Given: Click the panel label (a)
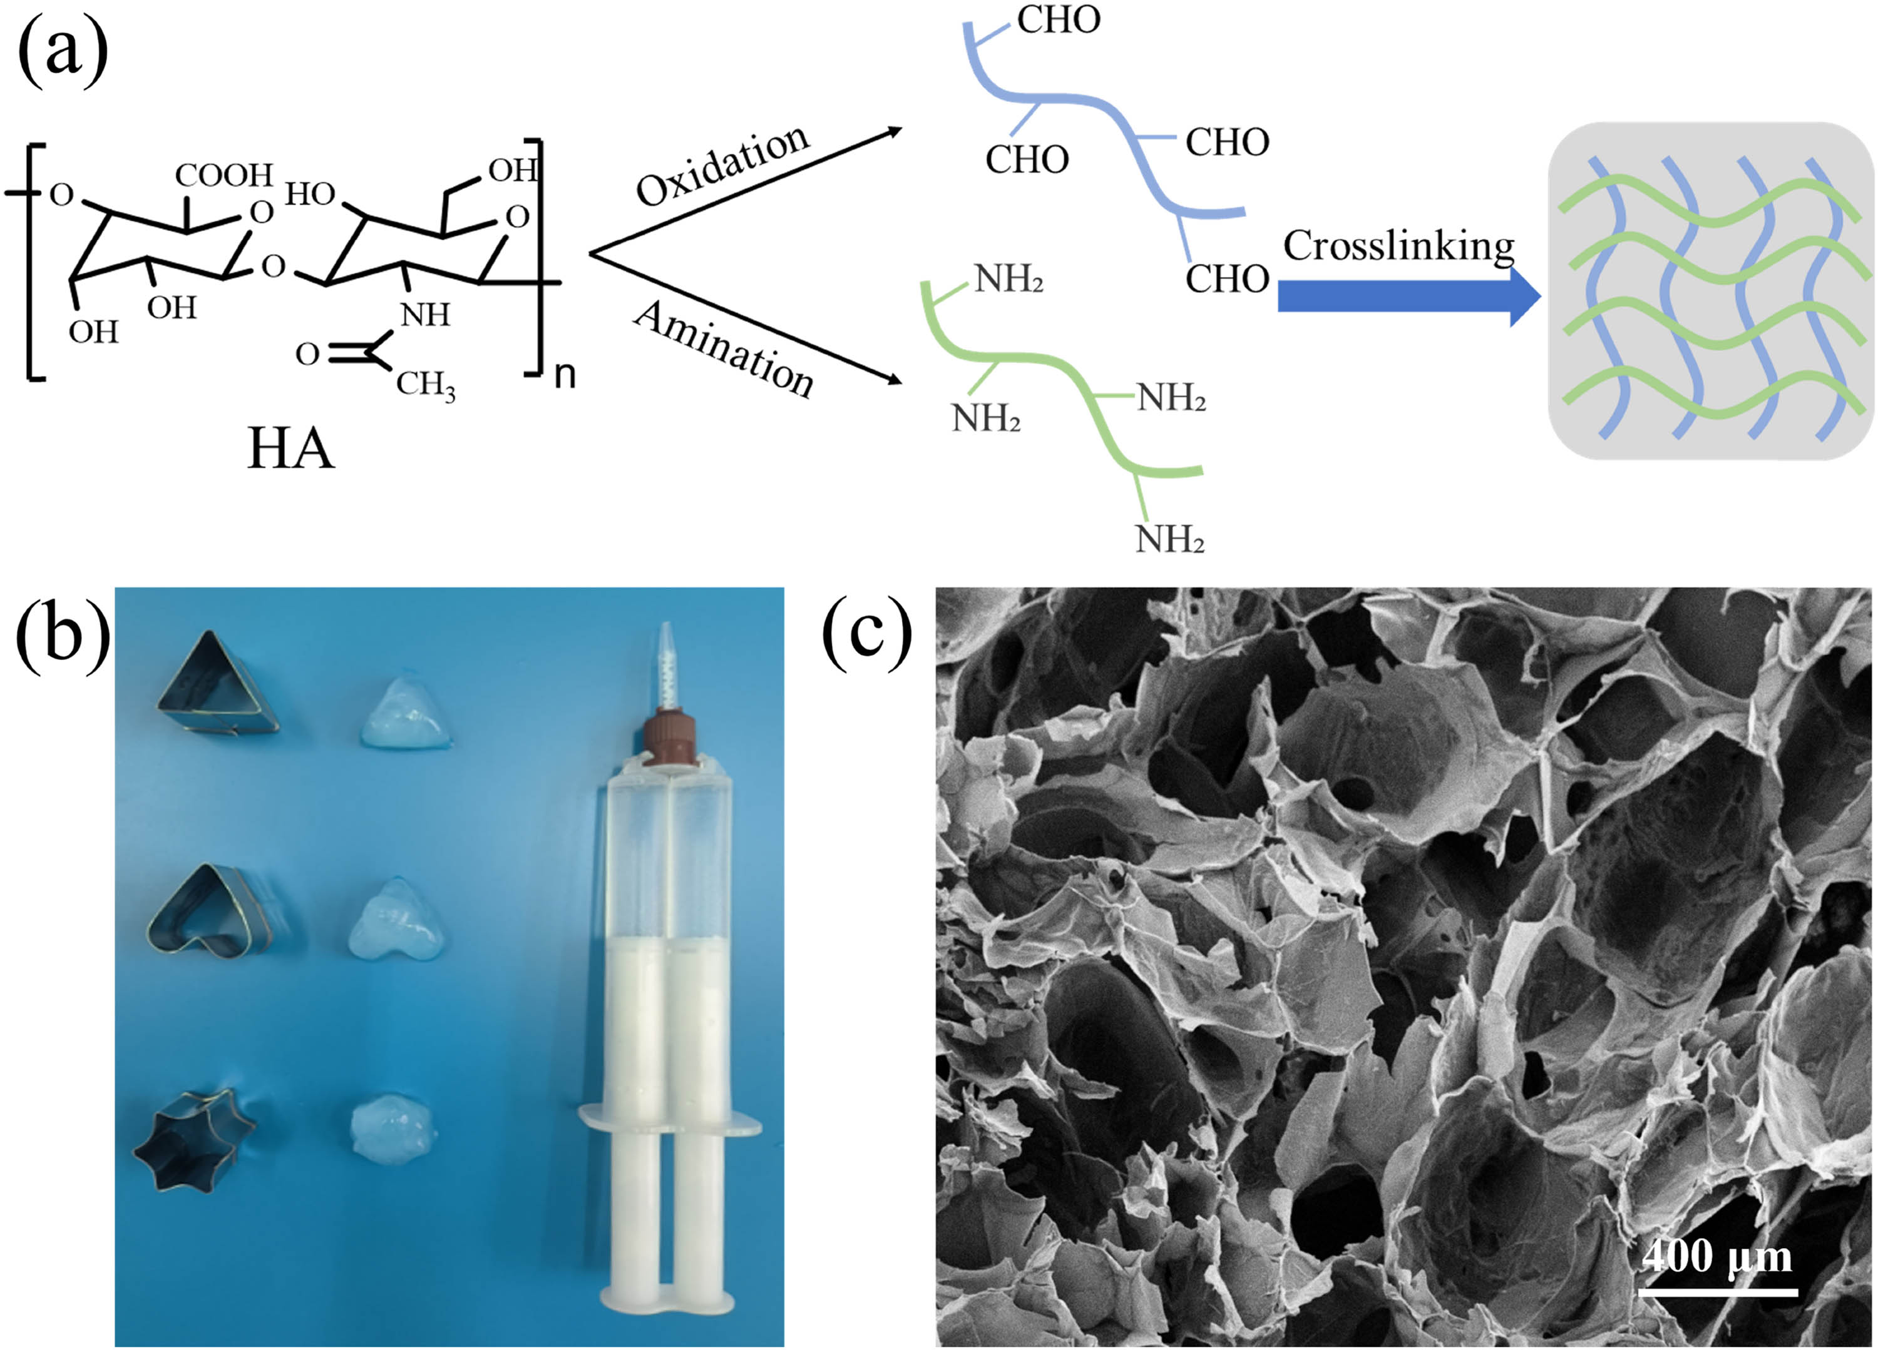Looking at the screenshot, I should click(x=62, y=51).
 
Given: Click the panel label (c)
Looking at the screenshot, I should click(x=867, y=636).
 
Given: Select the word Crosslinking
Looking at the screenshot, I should click(x=1398, y=245).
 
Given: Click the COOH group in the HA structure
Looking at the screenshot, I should click(x=223, y=175).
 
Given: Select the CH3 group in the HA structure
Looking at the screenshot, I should click(x=425, y=384).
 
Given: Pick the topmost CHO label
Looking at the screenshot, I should click(x=1058, y=20).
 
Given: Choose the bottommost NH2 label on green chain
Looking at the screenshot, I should click(x=1169, y=540).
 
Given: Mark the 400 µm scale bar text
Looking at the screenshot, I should click(x=1716, y=1256).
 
